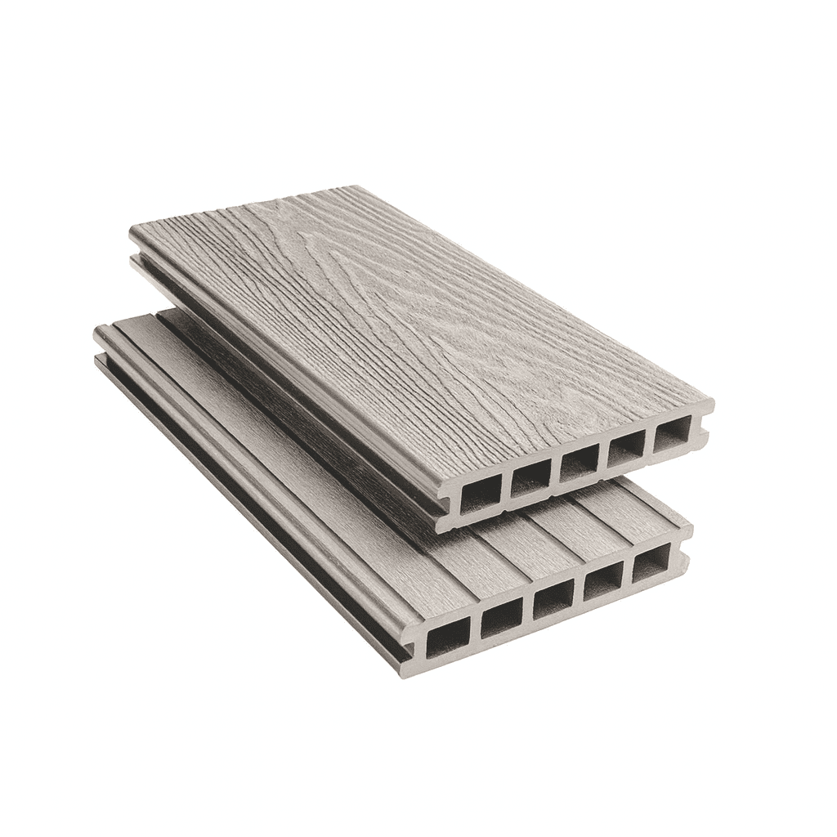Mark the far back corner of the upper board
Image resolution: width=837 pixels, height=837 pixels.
pos(351,187)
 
